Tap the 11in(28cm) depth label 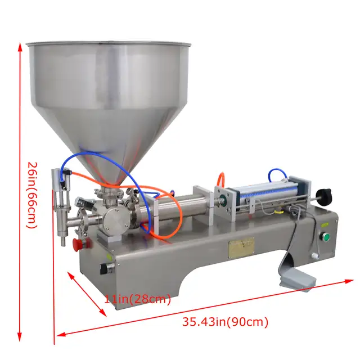[x=137, y=299]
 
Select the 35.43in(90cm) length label [x=225, y=322]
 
